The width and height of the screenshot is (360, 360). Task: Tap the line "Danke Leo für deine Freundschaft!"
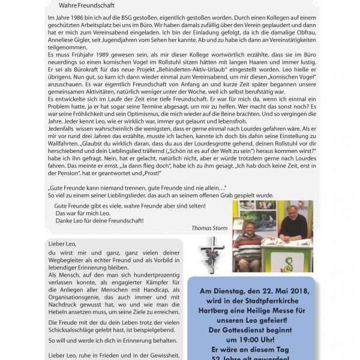click(x=99, y=221)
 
